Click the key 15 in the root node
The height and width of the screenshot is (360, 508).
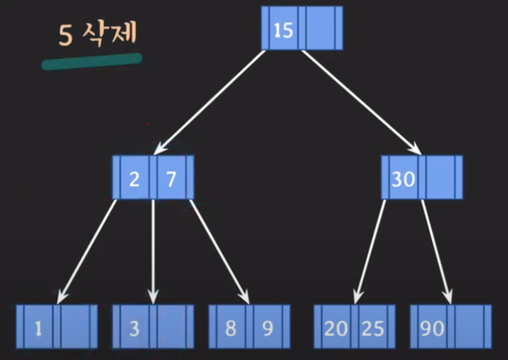[x=283, y=29]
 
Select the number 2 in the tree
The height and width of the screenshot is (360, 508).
[x=135, y=178]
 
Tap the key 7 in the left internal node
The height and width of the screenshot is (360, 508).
[x=172, y=178]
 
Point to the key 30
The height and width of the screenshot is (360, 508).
[x=404, y=178]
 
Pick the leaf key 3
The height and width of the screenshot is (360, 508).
[x=135, y=328]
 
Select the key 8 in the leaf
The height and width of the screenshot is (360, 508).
[x=231, y=328]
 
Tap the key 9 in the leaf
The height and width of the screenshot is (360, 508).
[x=268, y=328]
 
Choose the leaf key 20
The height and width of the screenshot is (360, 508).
[x=336, y=328]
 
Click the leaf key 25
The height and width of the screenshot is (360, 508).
[x=373, y=328]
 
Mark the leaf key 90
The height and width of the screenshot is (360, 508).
[x=432, y=328]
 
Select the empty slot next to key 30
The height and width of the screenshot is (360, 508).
[x=441, y=178]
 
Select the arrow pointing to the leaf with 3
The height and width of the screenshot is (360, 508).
[x=153, y=250]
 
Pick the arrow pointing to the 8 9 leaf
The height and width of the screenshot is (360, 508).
[x=219, y=250]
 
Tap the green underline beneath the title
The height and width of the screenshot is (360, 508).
[x=92, y=61]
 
